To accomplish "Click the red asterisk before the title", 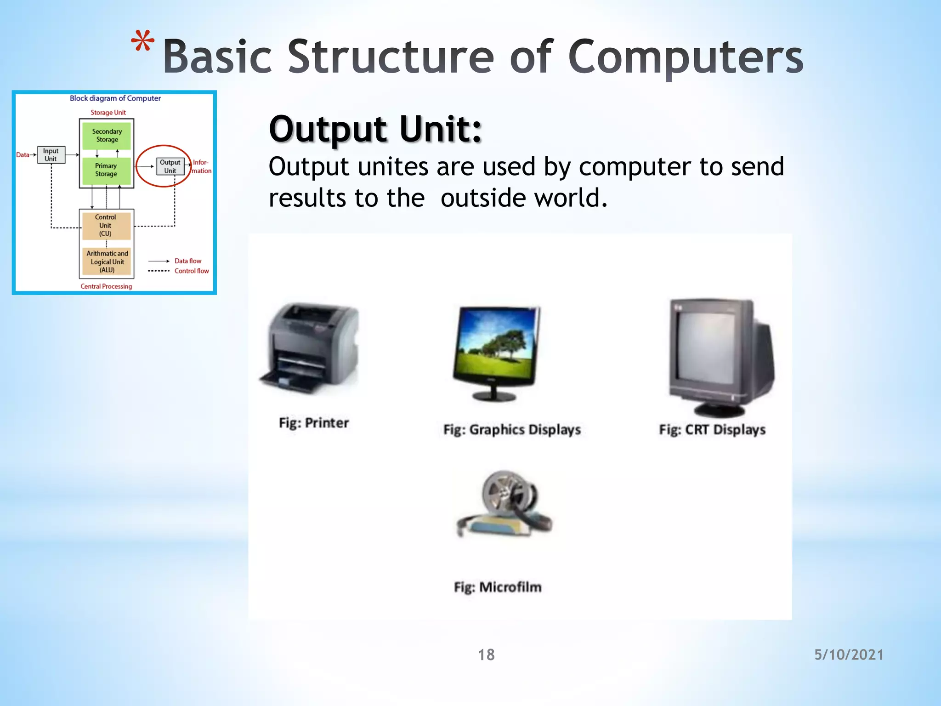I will click(x=142, y=42).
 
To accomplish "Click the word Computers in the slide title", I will click(x=686, y=57).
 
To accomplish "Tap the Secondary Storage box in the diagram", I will click(x=107, y=136).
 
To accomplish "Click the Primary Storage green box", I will click(x=106, y=170).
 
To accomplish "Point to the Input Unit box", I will click(x=51, y=155).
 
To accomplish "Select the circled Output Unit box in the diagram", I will click(x=170, y=166).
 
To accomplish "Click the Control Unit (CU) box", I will click(x=106, y=225).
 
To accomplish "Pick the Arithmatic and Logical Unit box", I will click(x=107, y=262).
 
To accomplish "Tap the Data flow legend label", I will click(x=187, y=261).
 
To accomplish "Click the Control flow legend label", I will click(x=191, y=271).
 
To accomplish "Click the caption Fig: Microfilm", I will click(x=498, y=587).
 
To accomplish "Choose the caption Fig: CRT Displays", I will click(x=712, y=430).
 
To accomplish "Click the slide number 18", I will click(x=486, y=655).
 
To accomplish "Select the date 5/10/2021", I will click(x=849, y=655).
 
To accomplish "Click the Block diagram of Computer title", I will click(x=115, y=98).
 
